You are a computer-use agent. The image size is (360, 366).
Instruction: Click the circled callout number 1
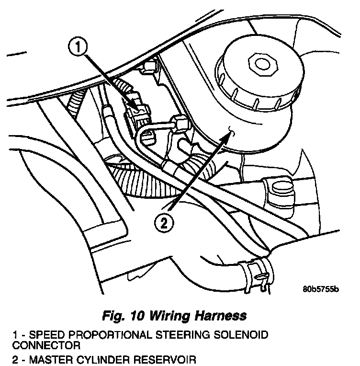point(78,46)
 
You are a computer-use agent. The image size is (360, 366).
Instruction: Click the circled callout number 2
point(164,223)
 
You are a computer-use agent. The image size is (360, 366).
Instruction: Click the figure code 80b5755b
point(321,289)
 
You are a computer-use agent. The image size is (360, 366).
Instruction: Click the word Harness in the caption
point(221,316)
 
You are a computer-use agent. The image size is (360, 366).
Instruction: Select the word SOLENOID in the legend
point(241,335)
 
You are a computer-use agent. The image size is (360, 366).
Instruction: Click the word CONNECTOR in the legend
point(46,345)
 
